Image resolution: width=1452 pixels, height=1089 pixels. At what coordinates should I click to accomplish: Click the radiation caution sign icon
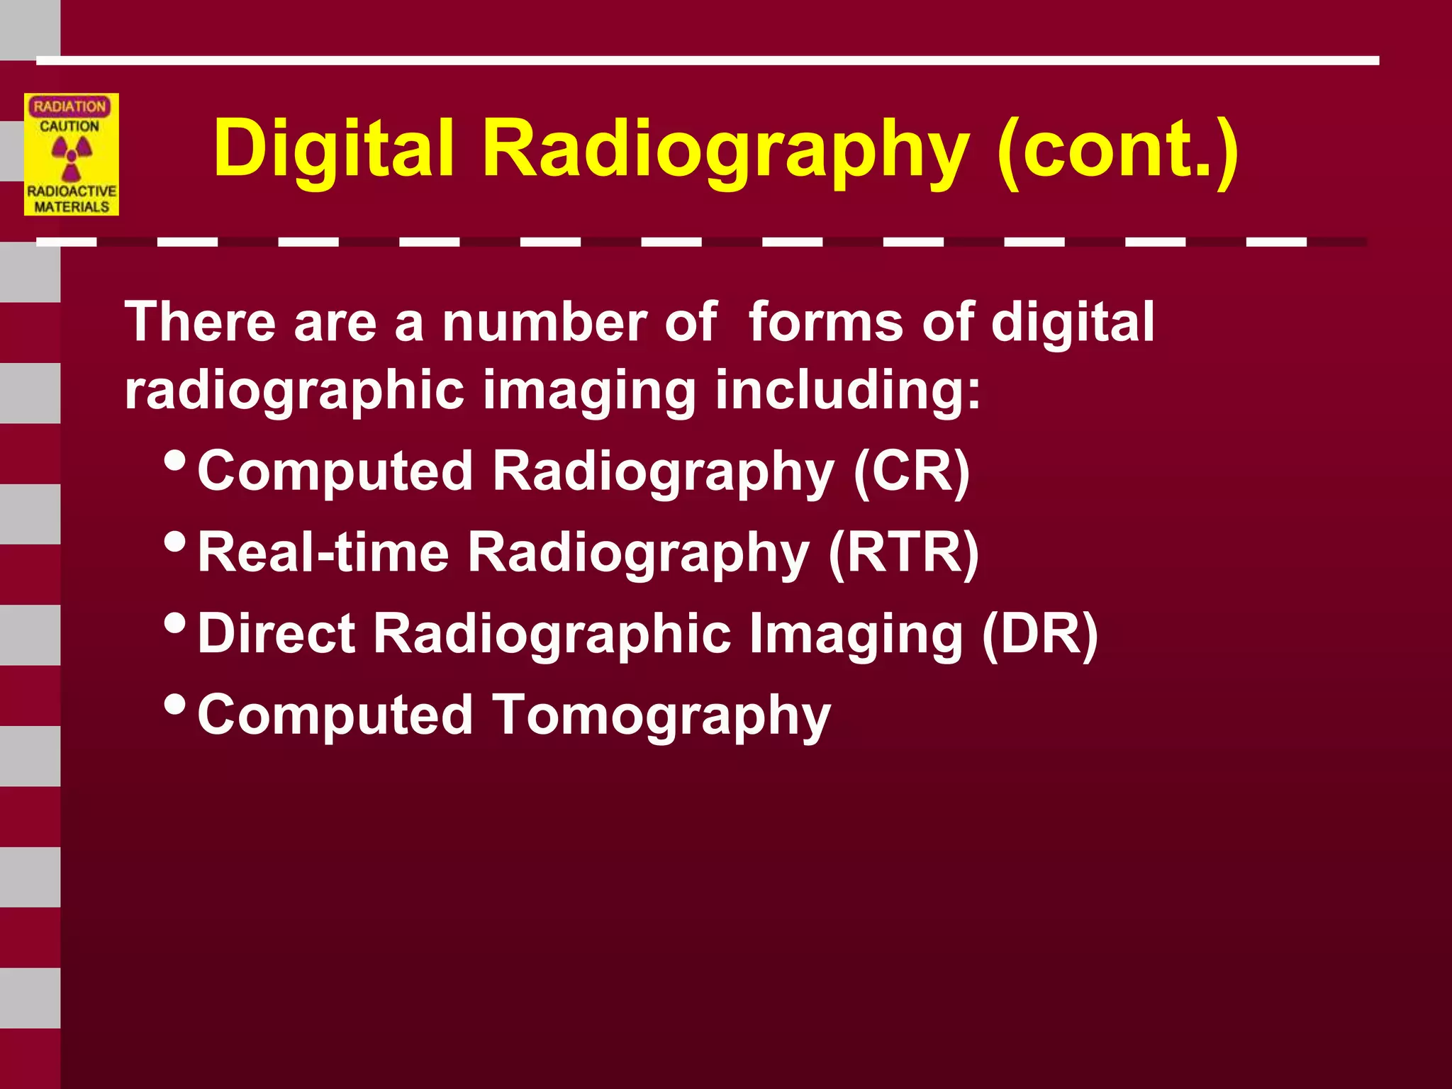(x=72, y=155)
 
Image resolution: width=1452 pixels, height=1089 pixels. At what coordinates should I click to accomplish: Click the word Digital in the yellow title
(x=333, y=149)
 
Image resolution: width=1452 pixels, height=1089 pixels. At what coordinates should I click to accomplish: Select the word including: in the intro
(x=848, y=390)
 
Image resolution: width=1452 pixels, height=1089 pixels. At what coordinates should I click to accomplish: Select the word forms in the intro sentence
(x=826, y=323)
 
